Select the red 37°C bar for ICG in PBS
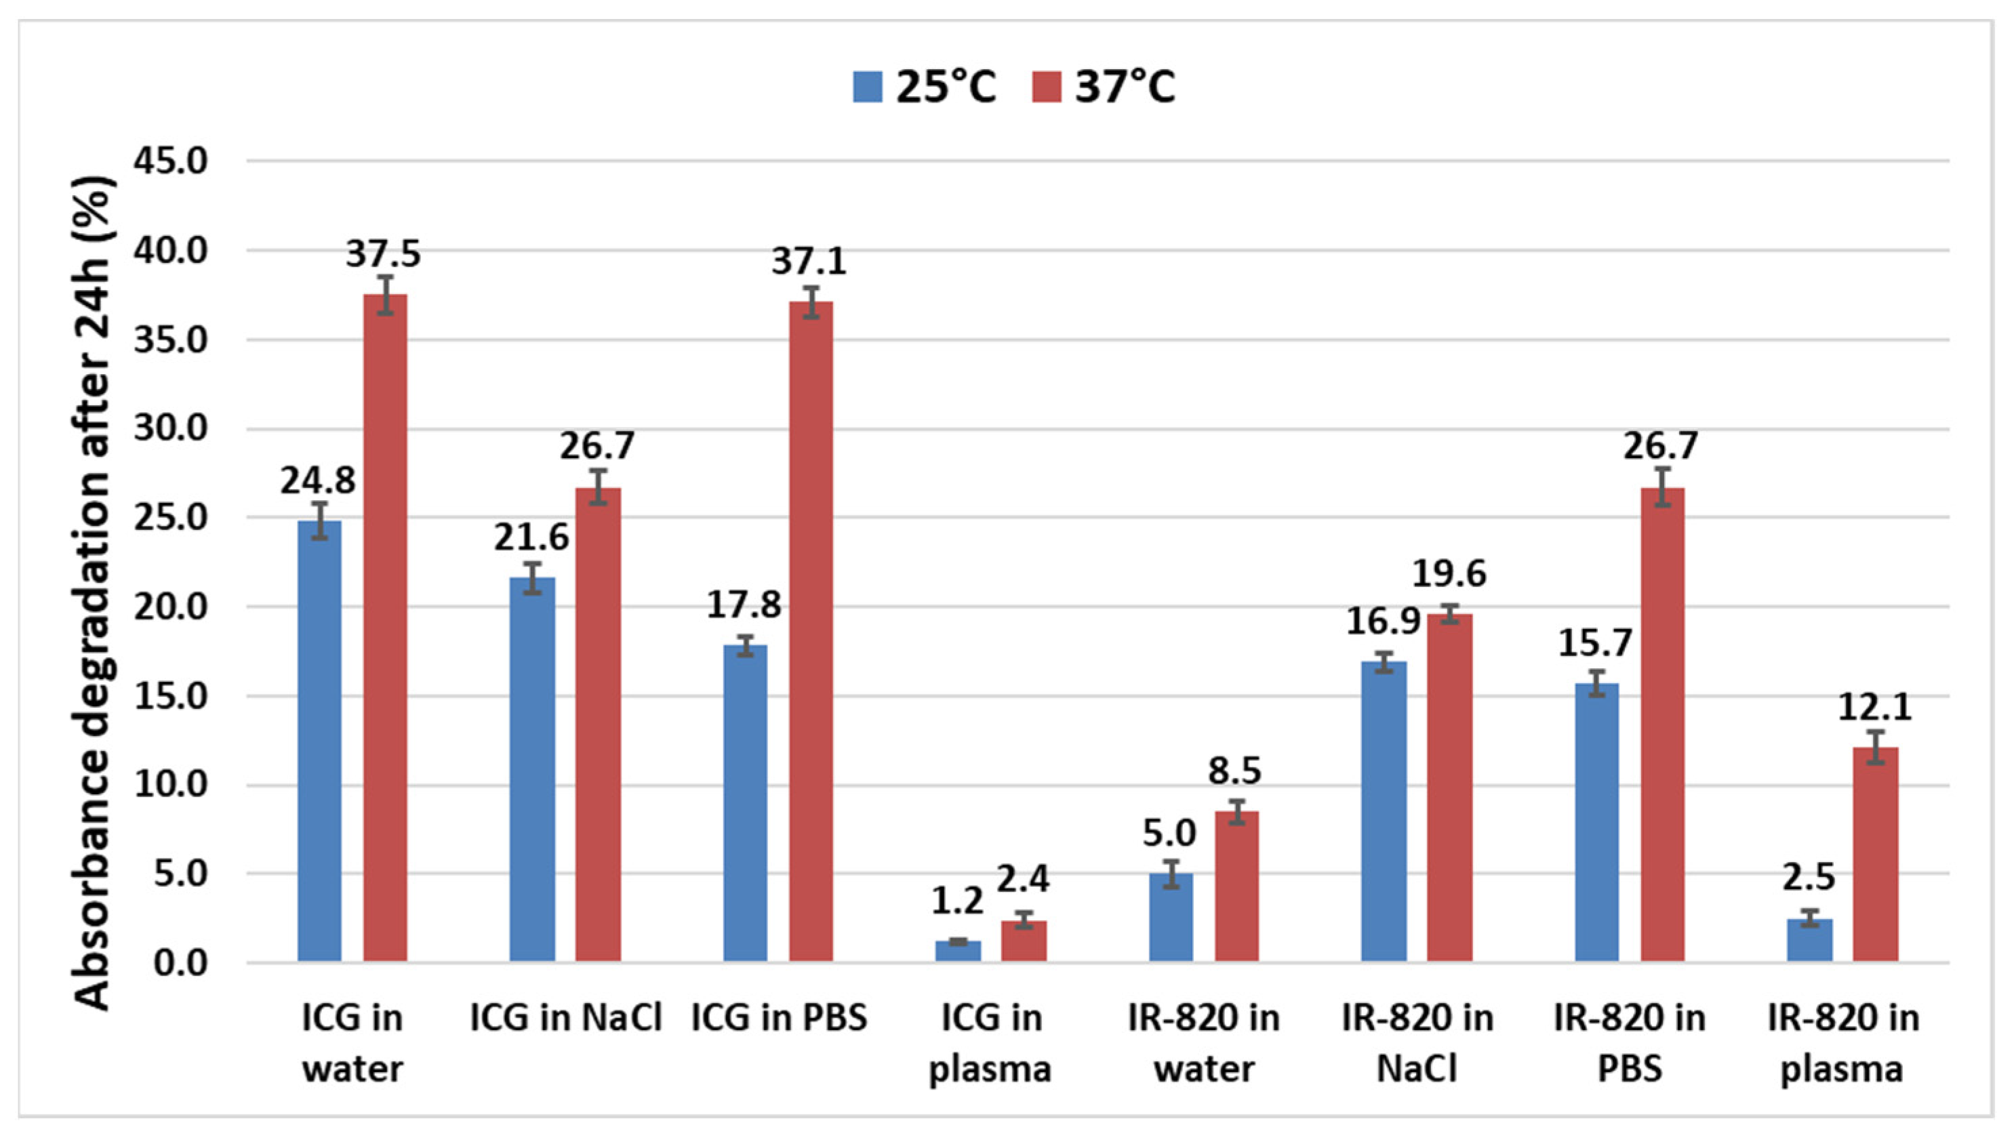click(x=811, y=631)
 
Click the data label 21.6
click(x=531, y=537)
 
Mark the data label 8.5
click(x=1234, y=771)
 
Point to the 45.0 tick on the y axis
click(x=170, y=161)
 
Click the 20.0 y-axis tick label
click(x=170, y=607)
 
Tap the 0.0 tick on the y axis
click(x=180, y=964)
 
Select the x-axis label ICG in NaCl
click(x=565, y=1018)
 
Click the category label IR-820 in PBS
click(x=1630, y=1042)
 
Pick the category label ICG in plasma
click(x=990, y=1042)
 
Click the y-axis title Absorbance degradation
click(x=95, y=592)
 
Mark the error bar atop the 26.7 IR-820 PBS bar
click(x=1663, y=487)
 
